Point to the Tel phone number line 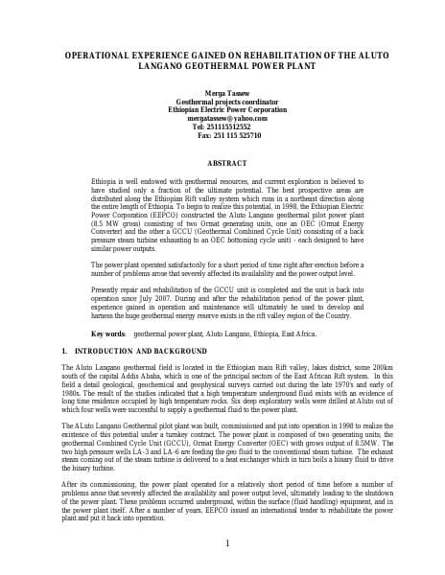coord(222,126)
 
